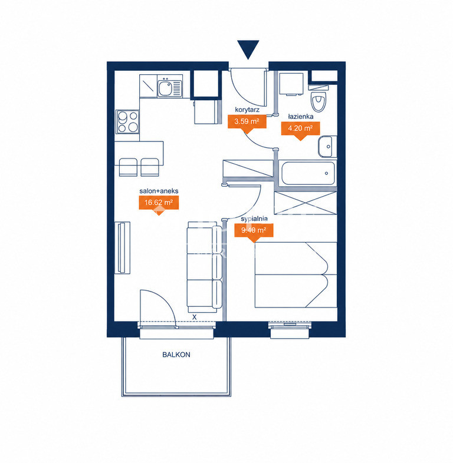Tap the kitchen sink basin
(165, 88)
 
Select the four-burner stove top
(127, 121)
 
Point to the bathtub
(307, 173)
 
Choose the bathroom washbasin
(327, 147)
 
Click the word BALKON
(176, 355)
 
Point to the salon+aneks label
(159, 191)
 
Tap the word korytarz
(247, 110)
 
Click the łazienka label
(301, 117)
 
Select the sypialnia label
(254, 219)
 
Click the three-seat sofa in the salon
(205, 267)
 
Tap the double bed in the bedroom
(296, 275)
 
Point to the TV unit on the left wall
(123, 248)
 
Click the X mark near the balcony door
(194, 317)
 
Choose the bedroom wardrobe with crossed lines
(306, 203)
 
